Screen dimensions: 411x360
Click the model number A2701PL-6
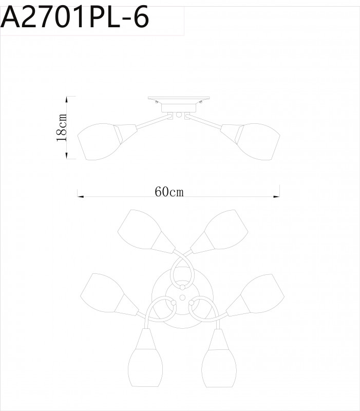(x=75, y=18)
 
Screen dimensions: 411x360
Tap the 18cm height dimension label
(x=62, y=128)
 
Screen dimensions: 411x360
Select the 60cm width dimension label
(x=169, y=192)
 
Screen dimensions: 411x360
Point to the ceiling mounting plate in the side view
(x=179, y=99)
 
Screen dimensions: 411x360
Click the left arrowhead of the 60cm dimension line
(x=79, y=195)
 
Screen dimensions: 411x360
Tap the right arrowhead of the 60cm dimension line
(x=278, y=195)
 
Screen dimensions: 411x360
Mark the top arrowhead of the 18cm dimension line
(x=67, y=98)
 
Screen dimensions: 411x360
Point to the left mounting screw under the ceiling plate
(x=157, y=103)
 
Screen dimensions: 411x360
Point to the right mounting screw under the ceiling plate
(x=201, y=103)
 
